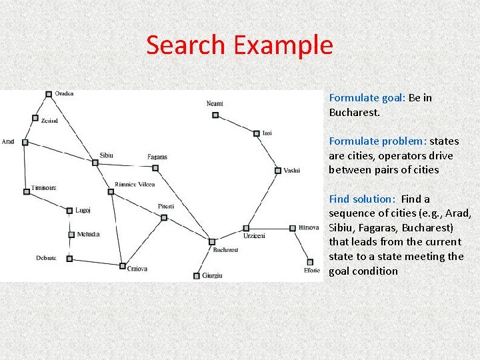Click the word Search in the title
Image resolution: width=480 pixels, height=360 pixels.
click(186, 45)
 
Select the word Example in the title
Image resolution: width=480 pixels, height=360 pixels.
click(283, 45)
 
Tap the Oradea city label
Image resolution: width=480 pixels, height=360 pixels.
click(65, 93)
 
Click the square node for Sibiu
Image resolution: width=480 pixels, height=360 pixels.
click(95, 161)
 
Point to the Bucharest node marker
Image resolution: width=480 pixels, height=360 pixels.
click(212, 241)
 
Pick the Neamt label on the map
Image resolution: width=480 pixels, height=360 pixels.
click(215, 103)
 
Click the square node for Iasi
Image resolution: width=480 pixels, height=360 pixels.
click(256, 133)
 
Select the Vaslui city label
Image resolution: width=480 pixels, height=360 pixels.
click(291, 170)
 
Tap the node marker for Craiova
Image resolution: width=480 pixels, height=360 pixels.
click(122, 266)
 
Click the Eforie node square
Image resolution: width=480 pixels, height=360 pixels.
click(309, 262)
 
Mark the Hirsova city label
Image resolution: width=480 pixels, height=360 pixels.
click(309, 227)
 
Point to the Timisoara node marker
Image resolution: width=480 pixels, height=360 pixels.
click(27, 192)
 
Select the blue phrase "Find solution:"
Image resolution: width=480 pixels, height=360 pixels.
click(362, 199)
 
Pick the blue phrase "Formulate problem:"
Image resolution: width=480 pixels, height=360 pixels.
click(377, 141)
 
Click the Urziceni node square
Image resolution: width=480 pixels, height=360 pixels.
click(245, 228)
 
